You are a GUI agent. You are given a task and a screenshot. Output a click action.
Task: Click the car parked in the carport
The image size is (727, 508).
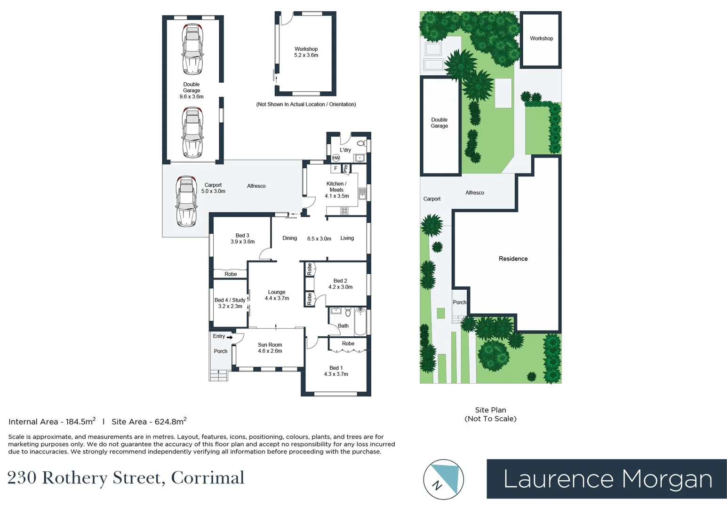tap(186, 201)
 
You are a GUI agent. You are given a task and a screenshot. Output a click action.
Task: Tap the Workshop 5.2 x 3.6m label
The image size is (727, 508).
tap(306, 52)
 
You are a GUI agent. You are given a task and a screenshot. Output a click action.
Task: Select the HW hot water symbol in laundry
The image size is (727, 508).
tap(336, 158)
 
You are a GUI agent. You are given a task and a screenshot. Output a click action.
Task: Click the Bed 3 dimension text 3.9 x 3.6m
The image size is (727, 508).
tap(242, 242)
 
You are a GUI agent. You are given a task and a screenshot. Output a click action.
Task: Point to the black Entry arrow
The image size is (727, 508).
tap(230, 337)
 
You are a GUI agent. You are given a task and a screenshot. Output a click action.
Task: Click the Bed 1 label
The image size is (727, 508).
tap(336, 368)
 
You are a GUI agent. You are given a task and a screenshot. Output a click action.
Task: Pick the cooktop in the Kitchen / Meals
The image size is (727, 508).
tap(344, 211)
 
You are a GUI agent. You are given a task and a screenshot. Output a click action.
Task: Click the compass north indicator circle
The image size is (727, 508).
tap(443, 479)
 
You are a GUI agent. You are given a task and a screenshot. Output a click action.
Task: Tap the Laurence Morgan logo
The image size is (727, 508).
tap(607, 479)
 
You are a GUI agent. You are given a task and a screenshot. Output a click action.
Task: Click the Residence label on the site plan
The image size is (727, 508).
tap(513, 259)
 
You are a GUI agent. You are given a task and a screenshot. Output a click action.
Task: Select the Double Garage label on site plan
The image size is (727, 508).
tap(439, 123)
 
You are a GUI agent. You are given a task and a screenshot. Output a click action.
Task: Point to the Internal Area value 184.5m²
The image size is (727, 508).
tap(80, 421)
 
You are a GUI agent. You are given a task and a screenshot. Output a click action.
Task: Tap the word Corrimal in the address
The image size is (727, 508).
tap(208, 478)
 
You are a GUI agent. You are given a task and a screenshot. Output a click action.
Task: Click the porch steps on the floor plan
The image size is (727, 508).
tap(219, 375)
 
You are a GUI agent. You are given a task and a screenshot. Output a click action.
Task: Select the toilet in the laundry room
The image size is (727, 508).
tap(361, 143)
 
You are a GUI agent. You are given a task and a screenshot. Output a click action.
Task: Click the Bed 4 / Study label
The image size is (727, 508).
tap(230, 300)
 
